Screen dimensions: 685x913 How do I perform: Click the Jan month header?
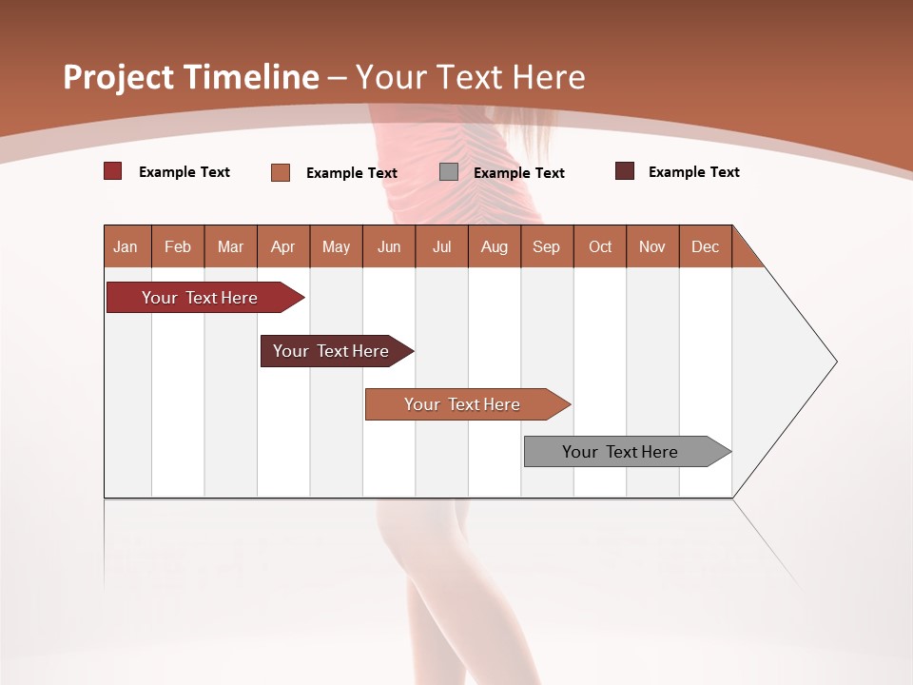point(126,246)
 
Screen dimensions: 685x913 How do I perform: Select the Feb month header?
point(178,246)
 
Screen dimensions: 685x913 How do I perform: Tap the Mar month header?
point(230,246)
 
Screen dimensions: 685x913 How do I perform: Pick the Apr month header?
point(283,246)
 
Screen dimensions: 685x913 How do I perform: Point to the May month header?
point(336,246)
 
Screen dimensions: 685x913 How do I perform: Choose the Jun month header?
point(389,246)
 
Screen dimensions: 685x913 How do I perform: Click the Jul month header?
point(441,246)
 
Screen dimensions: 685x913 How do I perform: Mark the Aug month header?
point(495,246)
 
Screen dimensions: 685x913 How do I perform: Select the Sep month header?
point(547,246)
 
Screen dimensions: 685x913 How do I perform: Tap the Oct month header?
point(600,246)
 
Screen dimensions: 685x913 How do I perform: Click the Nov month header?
point(652,246)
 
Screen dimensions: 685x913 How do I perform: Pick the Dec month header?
point(706,246)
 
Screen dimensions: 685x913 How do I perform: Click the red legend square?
point(113,171)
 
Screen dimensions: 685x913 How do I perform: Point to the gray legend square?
point(449,172)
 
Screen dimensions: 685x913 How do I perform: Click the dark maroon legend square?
point(625,171)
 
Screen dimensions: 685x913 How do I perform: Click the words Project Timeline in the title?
point(191,77)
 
